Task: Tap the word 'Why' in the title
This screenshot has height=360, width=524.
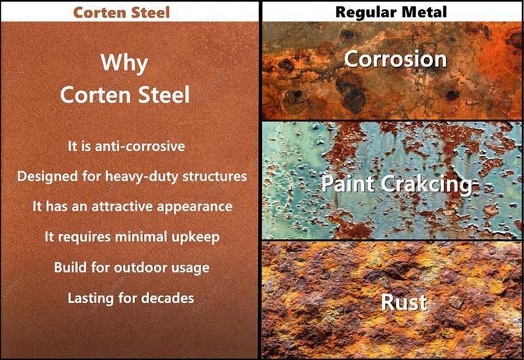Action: (124, 62)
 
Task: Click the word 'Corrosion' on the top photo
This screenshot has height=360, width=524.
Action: (395, 59)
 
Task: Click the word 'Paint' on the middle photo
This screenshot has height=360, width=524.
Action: (347, 185)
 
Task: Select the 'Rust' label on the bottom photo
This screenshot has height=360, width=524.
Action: (404, 302)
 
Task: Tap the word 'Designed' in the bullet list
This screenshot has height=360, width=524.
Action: (45, 176)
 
